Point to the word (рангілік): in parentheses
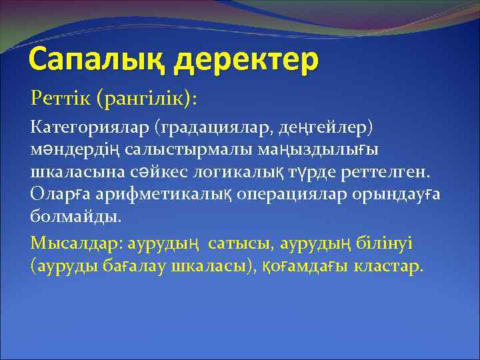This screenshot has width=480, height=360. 147,99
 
